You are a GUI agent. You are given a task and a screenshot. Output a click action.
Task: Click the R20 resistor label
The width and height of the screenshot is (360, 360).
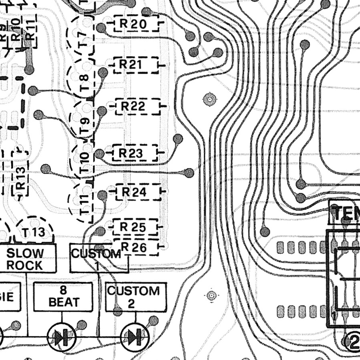click(x=133, y=24)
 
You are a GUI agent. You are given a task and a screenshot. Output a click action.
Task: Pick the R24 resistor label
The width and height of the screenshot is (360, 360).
click(x=134, y=192)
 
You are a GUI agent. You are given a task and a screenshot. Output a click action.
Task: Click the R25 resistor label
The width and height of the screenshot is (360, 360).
click(x=133, y=227)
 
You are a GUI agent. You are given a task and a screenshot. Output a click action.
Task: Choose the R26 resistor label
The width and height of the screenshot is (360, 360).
click(x=134, y=247)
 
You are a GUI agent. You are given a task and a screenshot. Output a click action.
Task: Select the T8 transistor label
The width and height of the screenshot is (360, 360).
click(x=84, y=82)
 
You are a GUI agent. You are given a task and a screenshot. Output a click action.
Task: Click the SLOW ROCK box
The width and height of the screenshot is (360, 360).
click(x=30, y=259)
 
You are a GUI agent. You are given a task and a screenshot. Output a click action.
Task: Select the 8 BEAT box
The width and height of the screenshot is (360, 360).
click(x=63, y=296)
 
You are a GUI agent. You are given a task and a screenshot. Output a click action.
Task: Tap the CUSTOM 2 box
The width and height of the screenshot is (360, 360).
click(x=133, y=297)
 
